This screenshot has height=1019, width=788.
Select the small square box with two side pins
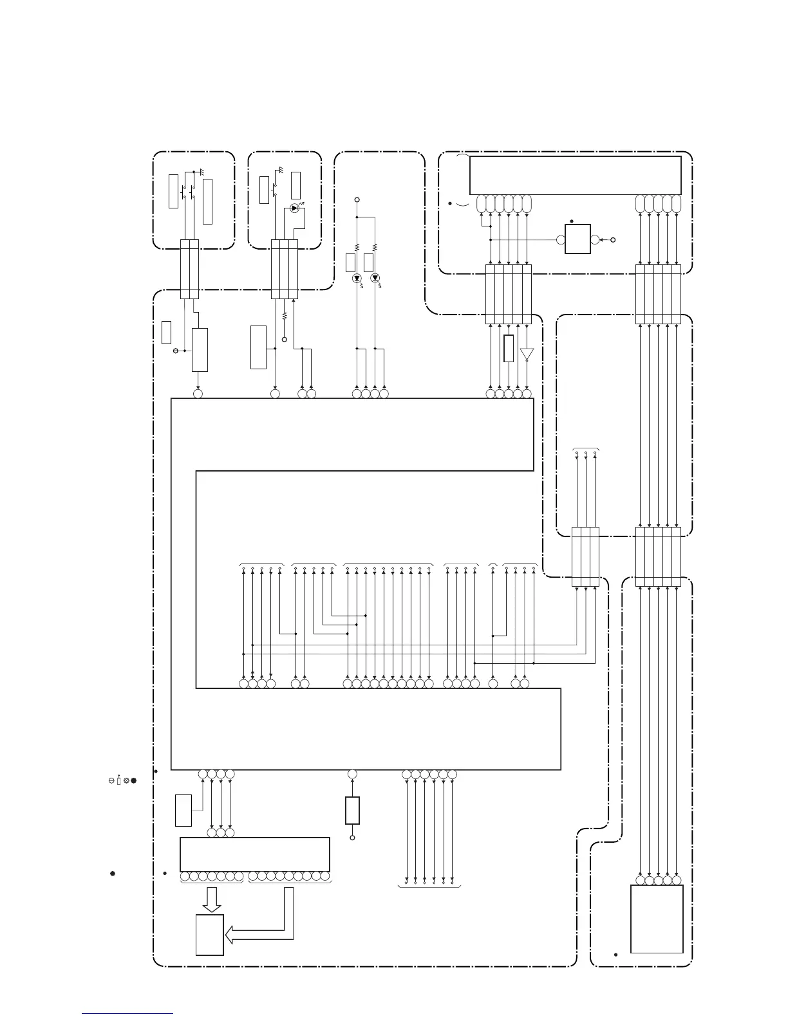pos(577,239)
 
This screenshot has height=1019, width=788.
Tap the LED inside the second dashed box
pos(294,208)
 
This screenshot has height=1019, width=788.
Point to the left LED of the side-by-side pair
pos(357,279)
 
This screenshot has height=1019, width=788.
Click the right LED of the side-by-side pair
pos(375,279)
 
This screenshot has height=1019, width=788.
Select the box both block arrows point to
pos(210,935)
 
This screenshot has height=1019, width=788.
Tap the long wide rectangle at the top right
pos(575,174)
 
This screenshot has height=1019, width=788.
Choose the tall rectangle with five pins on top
pos(656,919)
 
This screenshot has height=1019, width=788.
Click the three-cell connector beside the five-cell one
pos(585,556)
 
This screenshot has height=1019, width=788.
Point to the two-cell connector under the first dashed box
pos(189,269)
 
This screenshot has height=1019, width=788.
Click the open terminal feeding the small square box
pos(612,240)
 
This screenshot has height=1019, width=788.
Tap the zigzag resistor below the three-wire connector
pos(284,317)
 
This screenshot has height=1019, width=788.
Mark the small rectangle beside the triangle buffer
pos(509,348)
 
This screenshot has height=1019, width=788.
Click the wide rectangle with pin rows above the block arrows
pos(255,854)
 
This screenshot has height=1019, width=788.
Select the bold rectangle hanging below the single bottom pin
pos(352,811)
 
